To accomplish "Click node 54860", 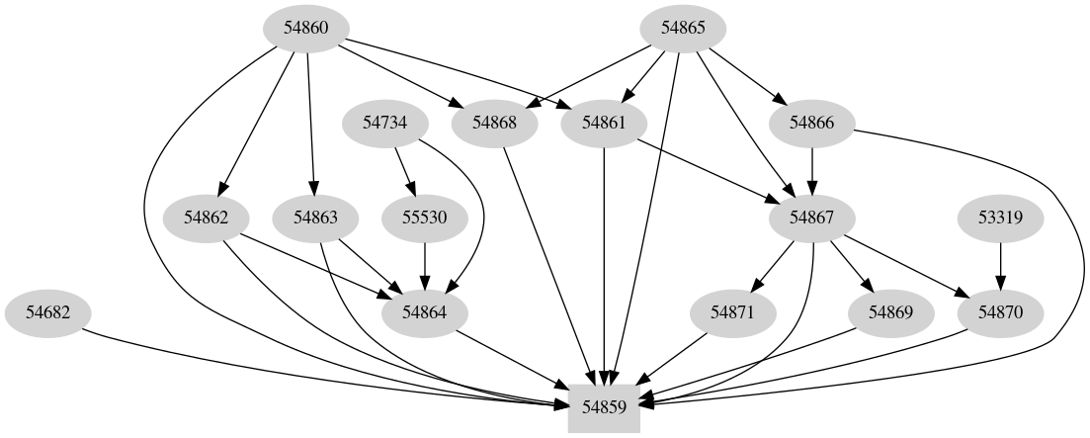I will tap(305, 28).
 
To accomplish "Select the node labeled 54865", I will tap(683, 28).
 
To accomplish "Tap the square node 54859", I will tap(604, 405).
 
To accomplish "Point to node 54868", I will tap(494, 123).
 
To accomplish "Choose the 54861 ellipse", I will tap(604, 123).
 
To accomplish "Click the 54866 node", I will tap(812, 123).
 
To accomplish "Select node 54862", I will tap(207, 218).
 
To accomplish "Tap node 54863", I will tap(315, 218).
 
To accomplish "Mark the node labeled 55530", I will tap(424, 218).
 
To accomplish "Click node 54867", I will tap(812, 218).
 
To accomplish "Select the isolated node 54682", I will tap(46, 312).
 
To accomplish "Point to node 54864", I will tap(424, 312).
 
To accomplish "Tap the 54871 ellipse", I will tap(732, 312).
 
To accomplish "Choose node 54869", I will tap(891, 312).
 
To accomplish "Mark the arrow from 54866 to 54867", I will tap(812, 170).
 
